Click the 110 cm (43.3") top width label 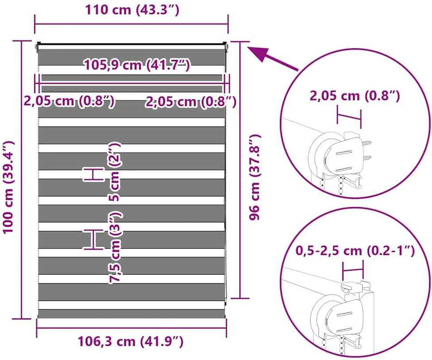pyautogui.click(x=132, y=10)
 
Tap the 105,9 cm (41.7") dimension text pyautogui.click(x=137, y=65)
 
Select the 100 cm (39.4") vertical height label pyautogui.click(x=8, y=187)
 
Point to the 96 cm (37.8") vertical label pyautogui.click(x=255, y=177)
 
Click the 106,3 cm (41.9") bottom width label pyautogui.click(x=131, y=342)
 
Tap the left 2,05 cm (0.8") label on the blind pyautogui.click(x=69, y=101)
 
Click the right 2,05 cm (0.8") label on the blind pyautogui.click(x=191, y=102)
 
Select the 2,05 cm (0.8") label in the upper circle pyautogui.click(x=355, y=96)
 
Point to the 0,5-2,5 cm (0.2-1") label pyautogui.click(x=355, y=250)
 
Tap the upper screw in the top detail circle pyautogui.click(x=366, y=143)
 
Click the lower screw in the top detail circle pyautogui.click(x=366, y=158)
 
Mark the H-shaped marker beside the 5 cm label pyautogui.click(x=94, y=174)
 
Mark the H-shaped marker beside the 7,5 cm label pyautogui.click(x=94, y=239)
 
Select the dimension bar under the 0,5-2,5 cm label pyautogui.click(x=353, y=270)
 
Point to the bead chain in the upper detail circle pyautogui.click(x=342, y=186)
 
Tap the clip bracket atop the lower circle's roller pyautogui.click(x=352, y=287)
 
